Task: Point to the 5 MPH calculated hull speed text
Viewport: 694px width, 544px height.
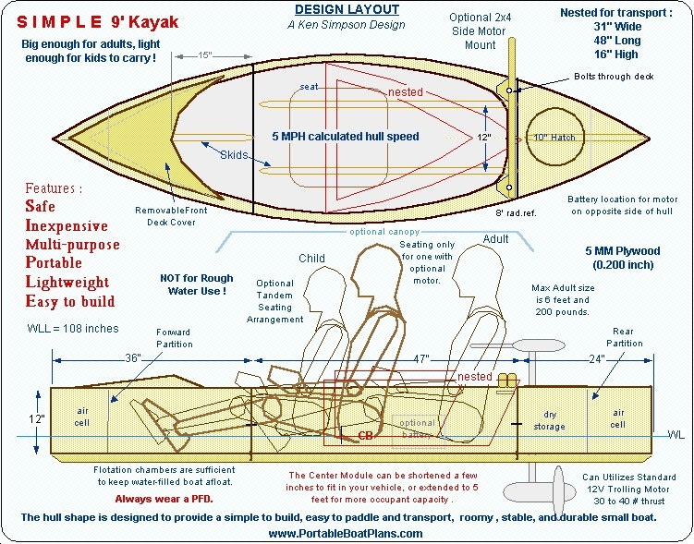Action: pos(345,137)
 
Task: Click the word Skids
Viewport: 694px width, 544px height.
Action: pos(234,155)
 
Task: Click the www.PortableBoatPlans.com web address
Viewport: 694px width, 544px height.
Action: pos(346,533)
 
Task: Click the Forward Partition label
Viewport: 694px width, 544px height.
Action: pos(174,338)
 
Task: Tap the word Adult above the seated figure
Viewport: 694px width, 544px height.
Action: pos(496,239)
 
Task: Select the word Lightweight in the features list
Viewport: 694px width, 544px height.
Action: pos(67,282)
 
